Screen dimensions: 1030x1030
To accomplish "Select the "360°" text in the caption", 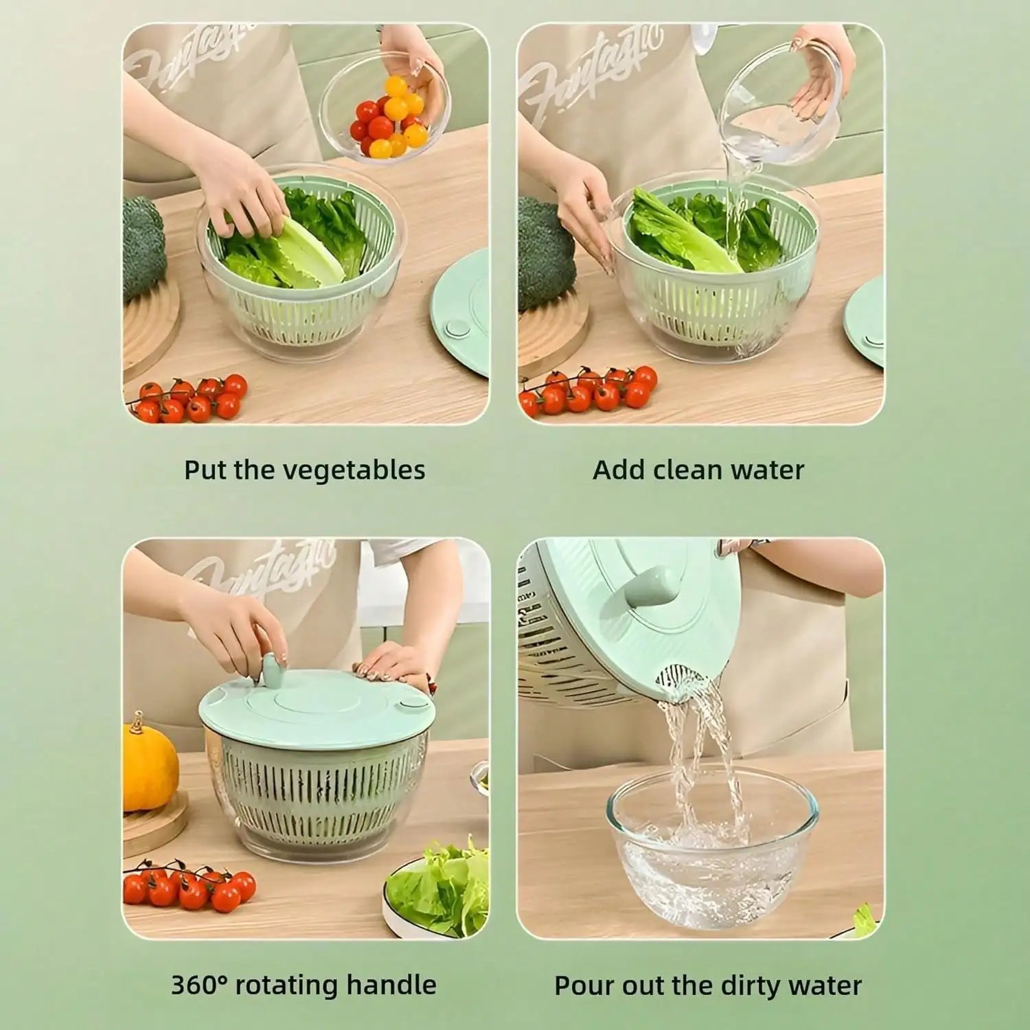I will click(198, 985).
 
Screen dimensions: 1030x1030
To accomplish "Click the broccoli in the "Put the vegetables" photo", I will click(143, 247).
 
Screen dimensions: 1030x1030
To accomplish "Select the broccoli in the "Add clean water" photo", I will click(546, 254).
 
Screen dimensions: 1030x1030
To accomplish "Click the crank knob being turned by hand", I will click(273, 669).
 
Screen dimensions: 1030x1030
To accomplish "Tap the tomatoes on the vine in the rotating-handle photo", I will click(189, 888).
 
